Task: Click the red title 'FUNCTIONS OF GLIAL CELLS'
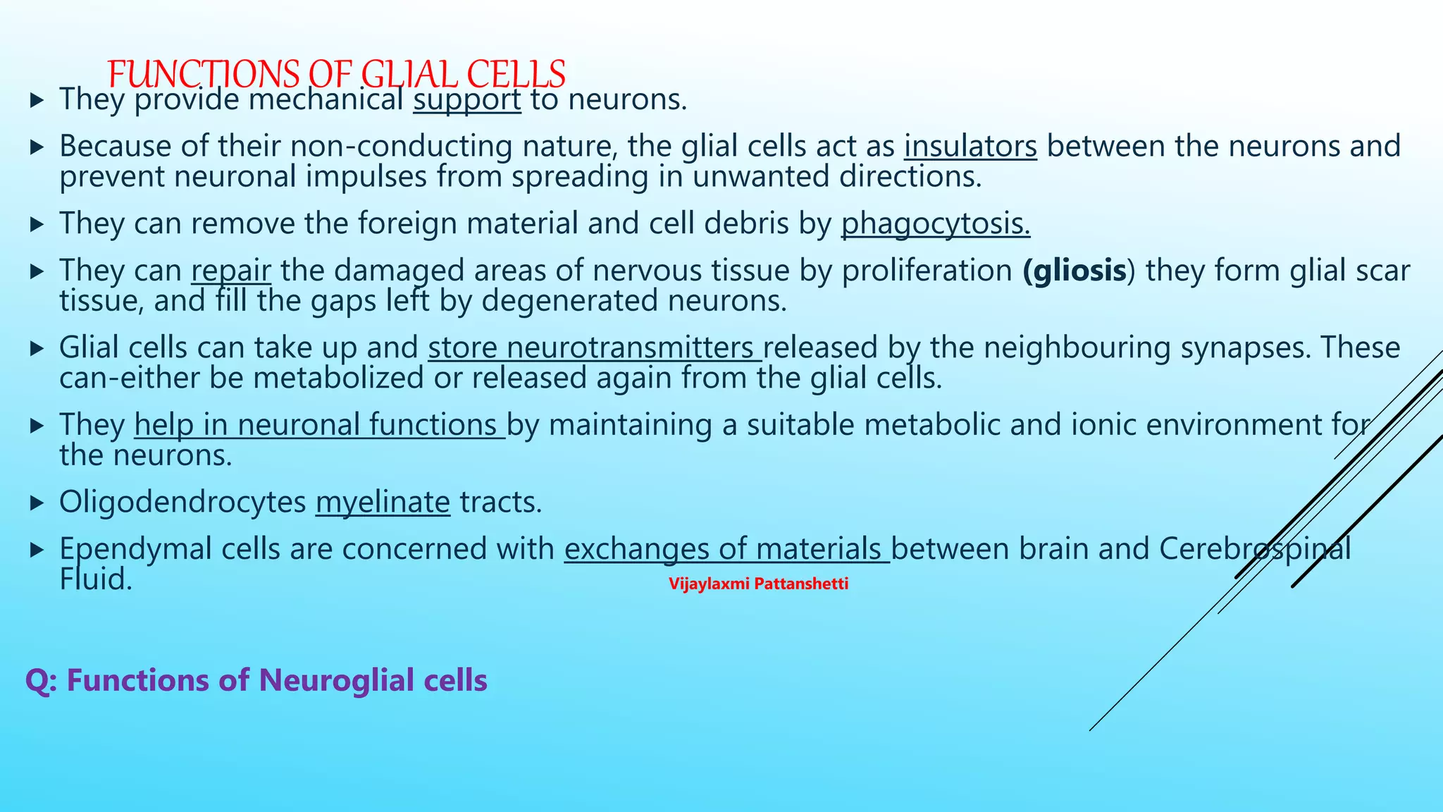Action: (337, 73)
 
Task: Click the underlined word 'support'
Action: (467, 99)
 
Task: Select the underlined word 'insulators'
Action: (970, 147)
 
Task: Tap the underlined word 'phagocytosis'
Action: (935, 223)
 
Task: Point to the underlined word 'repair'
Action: (230, 271)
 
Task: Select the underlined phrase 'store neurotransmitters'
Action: (594, 348)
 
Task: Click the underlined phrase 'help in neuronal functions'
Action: (319, 425)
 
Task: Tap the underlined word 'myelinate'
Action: (383, 503)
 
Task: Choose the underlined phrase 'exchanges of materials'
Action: (726, 549)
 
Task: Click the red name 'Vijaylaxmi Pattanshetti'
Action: (758, 584)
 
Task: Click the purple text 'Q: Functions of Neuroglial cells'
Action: (256, 681)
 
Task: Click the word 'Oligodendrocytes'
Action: (182, 503)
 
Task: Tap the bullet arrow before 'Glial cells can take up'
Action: (37, 349)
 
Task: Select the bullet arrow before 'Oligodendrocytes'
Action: (37, 503)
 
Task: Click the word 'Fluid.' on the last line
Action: (96, 580)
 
